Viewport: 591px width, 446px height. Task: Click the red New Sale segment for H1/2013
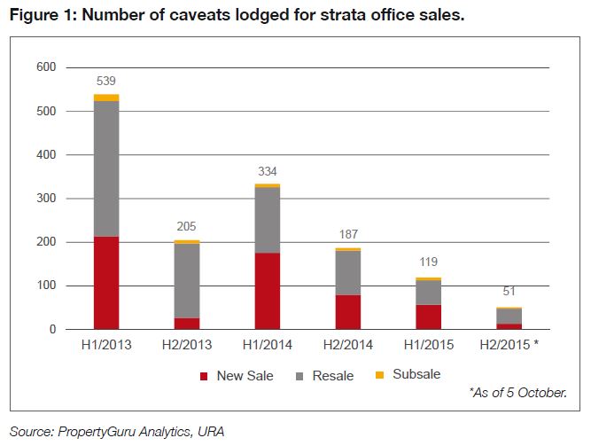[106, 283]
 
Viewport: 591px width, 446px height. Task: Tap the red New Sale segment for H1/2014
[268, 291]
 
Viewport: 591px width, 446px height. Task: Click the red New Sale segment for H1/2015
[429, 317]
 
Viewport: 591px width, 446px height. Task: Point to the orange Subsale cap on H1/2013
[106, 98]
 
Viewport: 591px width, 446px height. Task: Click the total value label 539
[106, 82]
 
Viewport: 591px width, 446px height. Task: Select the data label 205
[187, 228]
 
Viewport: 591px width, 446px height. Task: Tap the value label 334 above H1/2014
[268, 171]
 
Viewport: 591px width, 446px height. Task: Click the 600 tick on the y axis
[46, 67]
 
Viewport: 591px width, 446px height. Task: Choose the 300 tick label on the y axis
[46, 199]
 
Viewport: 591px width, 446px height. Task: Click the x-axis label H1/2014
[268, 346]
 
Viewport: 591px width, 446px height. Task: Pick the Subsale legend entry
[408, 375]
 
